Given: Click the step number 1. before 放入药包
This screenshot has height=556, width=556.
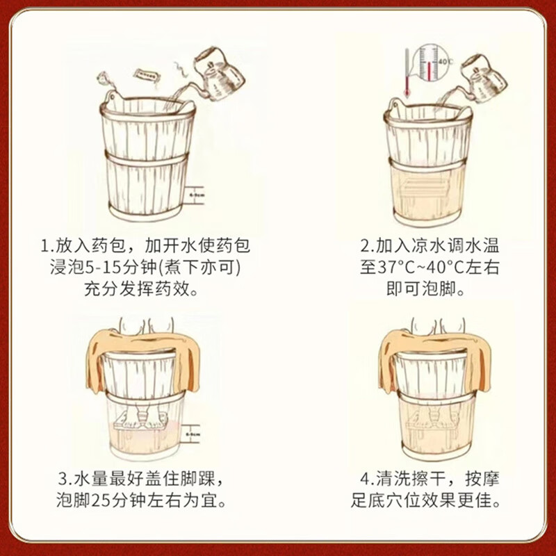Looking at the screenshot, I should [x=46, y=247].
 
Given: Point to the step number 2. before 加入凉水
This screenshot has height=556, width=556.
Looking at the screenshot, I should [x=366, y=247].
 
